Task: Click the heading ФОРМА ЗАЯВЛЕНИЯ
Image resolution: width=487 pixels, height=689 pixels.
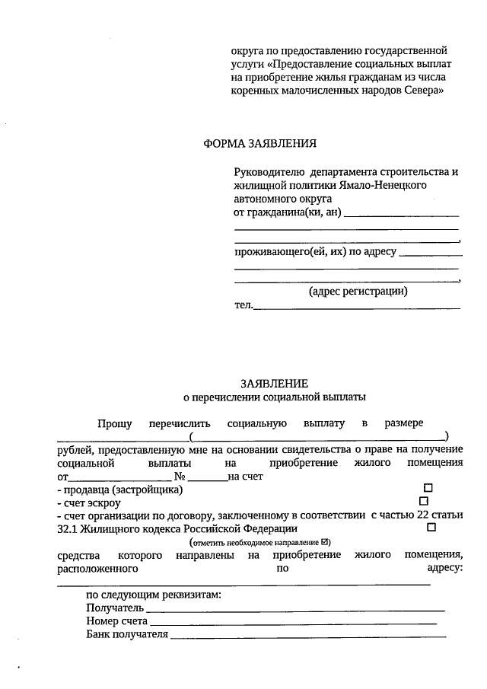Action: click(259, 143)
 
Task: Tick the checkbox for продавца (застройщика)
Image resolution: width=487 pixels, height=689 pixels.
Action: click(428, 487)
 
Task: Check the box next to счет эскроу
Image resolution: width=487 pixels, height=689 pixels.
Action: click(424, 501)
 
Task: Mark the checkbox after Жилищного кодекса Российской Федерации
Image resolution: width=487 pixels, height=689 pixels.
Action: click(431, 527)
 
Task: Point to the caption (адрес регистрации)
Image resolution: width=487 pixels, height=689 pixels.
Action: click(358, 291)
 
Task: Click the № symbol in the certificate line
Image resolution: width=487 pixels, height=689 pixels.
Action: click(180, 476)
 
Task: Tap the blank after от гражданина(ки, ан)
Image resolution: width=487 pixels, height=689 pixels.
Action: click(402, 215)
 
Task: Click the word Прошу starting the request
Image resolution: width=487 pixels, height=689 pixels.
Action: click(114, 423)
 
